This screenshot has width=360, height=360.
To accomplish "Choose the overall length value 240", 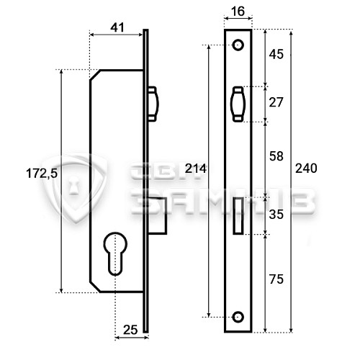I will tap(306, 168).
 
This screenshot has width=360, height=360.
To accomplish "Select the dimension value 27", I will tap(276, 102).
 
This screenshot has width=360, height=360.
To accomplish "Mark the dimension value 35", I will tap(276, 215).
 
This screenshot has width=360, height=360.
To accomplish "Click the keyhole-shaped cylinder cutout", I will tap(114, 251).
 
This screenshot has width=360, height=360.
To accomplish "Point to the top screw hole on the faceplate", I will tap(238, 45).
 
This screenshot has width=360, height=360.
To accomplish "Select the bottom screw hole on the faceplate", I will tap(238, 315).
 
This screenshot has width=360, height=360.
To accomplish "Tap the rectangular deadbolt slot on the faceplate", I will tap(238, 215).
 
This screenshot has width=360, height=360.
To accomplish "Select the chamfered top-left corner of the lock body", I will tap(94, 75).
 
